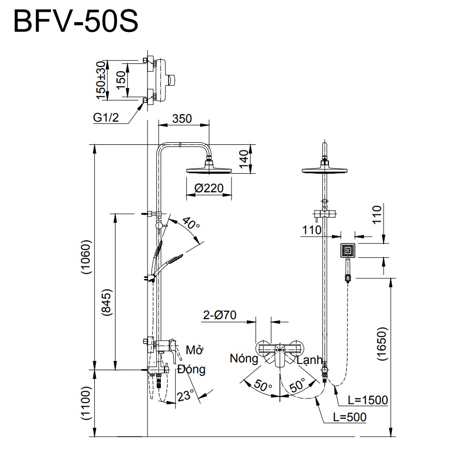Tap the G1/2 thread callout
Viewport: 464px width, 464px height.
(106, 118)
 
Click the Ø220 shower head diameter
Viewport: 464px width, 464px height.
(209, 189)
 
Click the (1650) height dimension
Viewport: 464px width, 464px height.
(382, 344)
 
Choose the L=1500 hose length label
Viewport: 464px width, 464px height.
(367, 400)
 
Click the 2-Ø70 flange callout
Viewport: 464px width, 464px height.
(220, 316)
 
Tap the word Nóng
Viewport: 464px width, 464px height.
(244, 359)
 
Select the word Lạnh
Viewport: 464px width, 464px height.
(310, 360)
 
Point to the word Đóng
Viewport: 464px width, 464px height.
(191, 370)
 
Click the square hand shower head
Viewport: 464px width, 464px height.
(348, 251)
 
